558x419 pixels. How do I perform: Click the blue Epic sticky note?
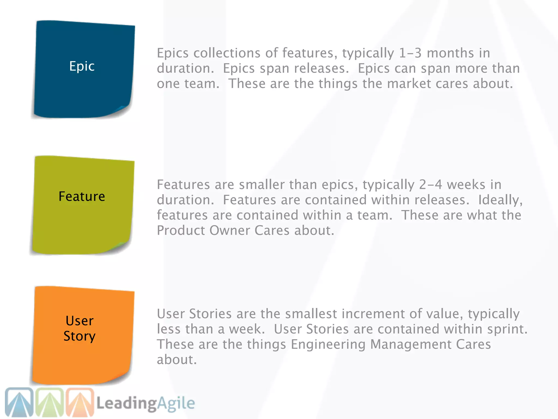pyautogui.click(x=83, y=70)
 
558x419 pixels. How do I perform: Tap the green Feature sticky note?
pyautogui.click(x=83, y=205)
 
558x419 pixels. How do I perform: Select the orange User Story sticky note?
pyautogui.click(x=83, y=336)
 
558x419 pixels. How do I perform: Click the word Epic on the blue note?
pyautogui.click(x=82, y=66)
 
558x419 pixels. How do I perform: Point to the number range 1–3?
pyautogui.click(x=410, y=53)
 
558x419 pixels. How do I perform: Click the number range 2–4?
pyautogui.click(x=430, y=185)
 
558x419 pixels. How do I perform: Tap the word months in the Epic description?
pyautogui.click(x=450, y=53)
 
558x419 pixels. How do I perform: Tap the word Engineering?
pyautogui.click(x=328, y=344)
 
